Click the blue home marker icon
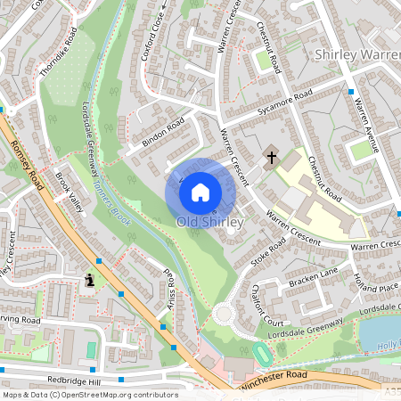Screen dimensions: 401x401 tap(200, 191)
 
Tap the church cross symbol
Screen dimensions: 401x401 tap(271, 158)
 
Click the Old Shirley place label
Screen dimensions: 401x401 tap(210, 221)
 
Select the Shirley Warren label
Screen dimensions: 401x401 tap(356, 55)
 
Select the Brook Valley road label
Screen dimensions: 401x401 tap(69, 192)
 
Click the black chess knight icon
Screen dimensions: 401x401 tap(90, 279)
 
